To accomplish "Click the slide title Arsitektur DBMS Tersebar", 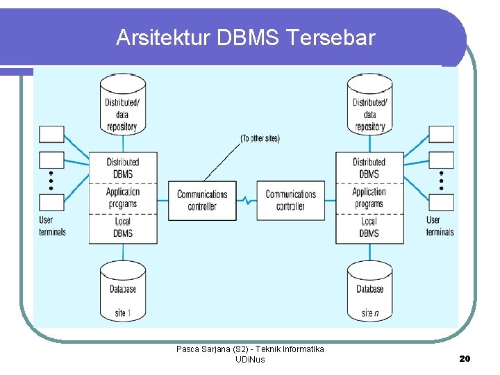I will pyautogui.click(x=245, y=37).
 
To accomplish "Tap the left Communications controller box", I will pyautogui.click(x=201, y=200).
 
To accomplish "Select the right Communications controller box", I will pyautogui.click(x=291, y=200).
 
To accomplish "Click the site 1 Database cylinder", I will pyautogui.click(x=123, y=292).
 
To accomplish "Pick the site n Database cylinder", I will pyautogui.click(x=370, y=292).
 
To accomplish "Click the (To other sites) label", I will pyautogui.click(x=260, y=138).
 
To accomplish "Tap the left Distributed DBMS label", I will pyautogui.click(x=123, y=167).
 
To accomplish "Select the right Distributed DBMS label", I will pyautogui.click(x=369, y=167).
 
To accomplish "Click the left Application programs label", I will pyautogui.click(x=123, y=198).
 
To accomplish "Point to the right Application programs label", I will pyautogui.click(x=369, y=198).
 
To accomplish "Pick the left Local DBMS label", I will pyautogui.click(x=123, y=228).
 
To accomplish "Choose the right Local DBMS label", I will pyautogui.click(x=369, y=228).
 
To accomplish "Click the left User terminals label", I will pyautogui.click(x=52, y=226).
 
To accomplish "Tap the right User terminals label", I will pyautogui.click(x=440, y=226).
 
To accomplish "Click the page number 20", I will pyautogui.click(x=465, y=358).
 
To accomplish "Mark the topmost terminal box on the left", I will pyautogui.click(x=51, y=134).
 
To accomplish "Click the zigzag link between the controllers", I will pyautogui.click(x=247, y=201).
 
